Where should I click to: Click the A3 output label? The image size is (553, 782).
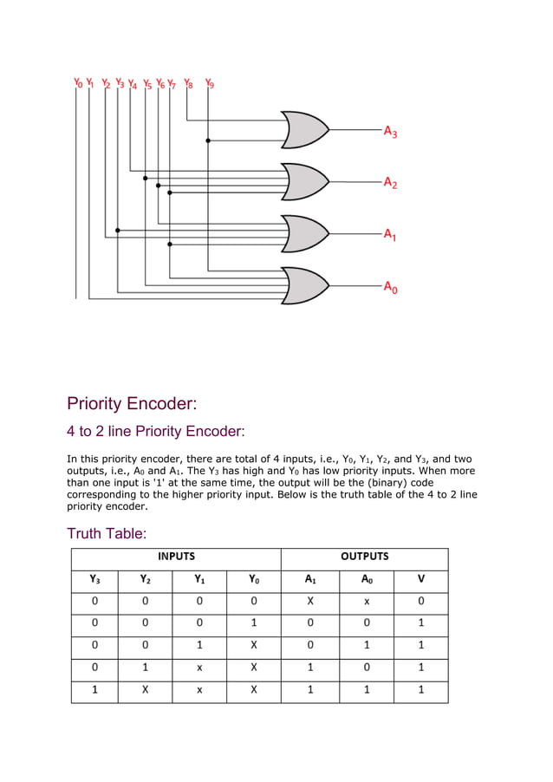pos(391,132)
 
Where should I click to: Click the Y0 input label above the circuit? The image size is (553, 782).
pos(78,83)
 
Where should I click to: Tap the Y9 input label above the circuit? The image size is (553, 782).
pos(209,83)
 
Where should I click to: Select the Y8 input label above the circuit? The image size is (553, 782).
pos(189,83)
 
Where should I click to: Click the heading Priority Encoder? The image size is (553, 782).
pos(132,403)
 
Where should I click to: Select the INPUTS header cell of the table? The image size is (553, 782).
pos(176,557)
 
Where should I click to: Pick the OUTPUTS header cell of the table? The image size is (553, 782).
pos(364,557)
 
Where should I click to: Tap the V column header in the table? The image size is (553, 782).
pos(421,579)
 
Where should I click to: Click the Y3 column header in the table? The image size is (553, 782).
pos(94,579)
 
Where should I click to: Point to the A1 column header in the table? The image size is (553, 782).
pos(310,579)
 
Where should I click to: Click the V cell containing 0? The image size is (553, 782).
pos(421,601)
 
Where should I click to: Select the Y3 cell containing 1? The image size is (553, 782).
pos(94,690)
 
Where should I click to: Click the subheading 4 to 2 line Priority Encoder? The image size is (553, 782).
pos(156,431)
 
